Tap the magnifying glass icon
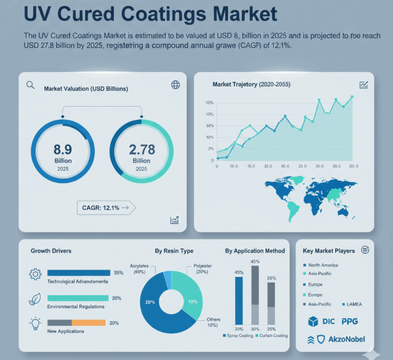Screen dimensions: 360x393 [30, 85]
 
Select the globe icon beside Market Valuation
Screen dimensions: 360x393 [175, 84]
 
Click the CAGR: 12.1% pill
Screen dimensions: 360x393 [105, 207]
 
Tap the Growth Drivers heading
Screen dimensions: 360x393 [51, 251]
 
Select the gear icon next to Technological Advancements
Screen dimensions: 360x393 [35, 274]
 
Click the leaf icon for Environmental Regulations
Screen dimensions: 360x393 [35, 300]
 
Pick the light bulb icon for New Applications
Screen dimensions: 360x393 [35, 323]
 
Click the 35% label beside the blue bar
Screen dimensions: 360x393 [118, 272]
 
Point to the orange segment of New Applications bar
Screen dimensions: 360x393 [88, 323]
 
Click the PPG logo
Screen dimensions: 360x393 [348, 321]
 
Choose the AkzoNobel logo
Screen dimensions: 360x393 [336, 339]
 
